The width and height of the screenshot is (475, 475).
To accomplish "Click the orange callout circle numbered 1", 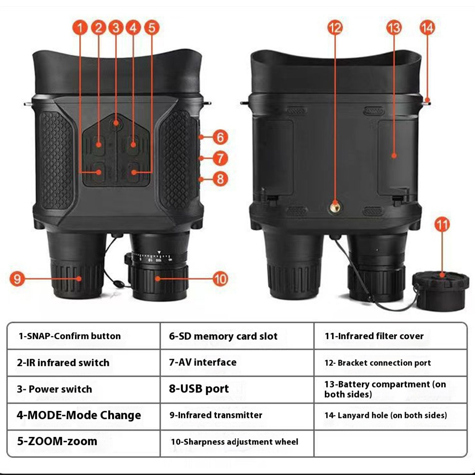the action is [x=80, y=28].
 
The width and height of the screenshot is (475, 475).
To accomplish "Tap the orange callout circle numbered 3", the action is [x=116, y=28].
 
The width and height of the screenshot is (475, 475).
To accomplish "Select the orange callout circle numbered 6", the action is [x=220, y=137].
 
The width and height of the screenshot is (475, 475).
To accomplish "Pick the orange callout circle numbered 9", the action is [x=17, y=278].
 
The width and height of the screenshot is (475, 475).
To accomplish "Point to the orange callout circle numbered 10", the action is [x=220, y=279].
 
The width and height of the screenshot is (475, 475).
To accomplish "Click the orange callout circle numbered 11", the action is [x=442, y=225].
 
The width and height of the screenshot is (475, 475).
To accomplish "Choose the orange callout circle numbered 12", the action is [x=335, y=28].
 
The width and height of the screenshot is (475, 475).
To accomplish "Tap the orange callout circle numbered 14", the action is [x=427, y=28].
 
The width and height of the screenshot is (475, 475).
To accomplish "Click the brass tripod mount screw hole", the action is [x=335, y=208].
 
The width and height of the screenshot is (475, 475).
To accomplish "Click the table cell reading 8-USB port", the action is [x=237, y=389].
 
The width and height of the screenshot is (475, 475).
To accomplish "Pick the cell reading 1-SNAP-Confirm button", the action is [x=84, y=336].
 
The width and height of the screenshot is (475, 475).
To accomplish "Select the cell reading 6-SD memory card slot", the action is [x=237, y=336].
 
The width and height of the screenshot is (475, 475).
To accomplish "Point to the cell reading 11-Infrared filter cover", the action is [x=390, y=336].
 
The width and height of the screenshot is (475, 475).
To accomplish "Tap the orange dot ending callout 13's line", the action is [x=394, y=156].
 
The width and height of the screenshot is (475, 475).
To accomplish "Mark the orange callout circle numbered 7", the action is [x=220, y=158].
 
